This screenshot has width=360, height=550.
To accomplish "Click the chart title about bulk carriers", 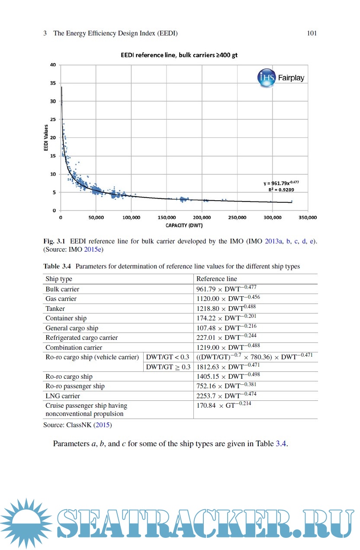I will tap(179, 56).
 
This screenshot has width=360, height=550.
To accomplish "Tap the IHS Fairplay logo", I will tap(281, 78).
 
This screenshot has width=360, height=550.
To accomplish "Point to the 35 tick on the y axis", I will tap(54, 83).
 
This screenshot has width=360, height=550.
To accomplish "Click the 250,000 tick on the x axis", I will tap(237, 217).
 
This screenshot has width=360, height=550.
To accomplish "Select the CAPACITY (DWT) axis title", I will tap(184, 225).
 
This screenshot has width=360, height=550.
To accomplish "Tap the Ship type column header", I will tap(59, 279).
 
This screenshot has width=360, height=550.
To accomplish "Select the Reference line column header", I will tap(217, 279).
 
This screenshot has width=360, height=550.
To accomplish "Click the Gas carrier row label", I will tap(61, 299).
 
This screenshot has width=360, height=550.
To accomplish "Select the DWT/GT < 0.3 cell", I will tap(167, 357).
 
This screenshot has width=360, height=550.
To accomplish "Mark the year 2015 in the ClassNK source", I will tap(103, 425).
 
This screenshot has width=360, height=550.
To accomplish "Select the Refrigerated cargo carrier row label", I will tap(81, 338).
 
